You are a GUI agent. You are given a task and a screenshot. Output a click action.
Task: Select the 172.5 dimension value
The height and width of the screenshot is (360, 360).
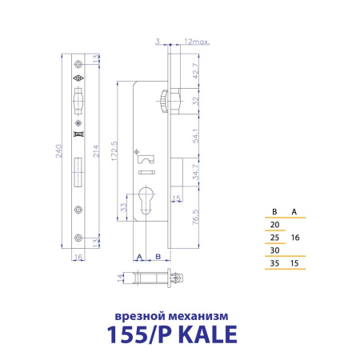(x=114, y=150)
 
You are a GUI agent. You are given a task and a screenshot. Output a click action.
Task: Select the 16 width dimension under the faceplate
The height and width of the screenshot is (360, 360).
(x=78, y=257)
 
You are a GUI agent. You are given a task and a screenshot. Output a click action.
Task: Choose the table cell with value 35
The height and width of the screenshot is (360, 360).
(x=274, y=262)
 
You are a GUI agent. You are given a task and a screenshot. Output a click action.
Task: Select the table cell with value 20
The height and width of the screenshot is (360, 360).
(x=274, y=226)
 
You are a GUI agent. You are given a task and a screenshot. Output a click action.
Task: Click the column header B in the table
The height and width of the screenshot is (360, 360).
(x=274, y=212)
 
